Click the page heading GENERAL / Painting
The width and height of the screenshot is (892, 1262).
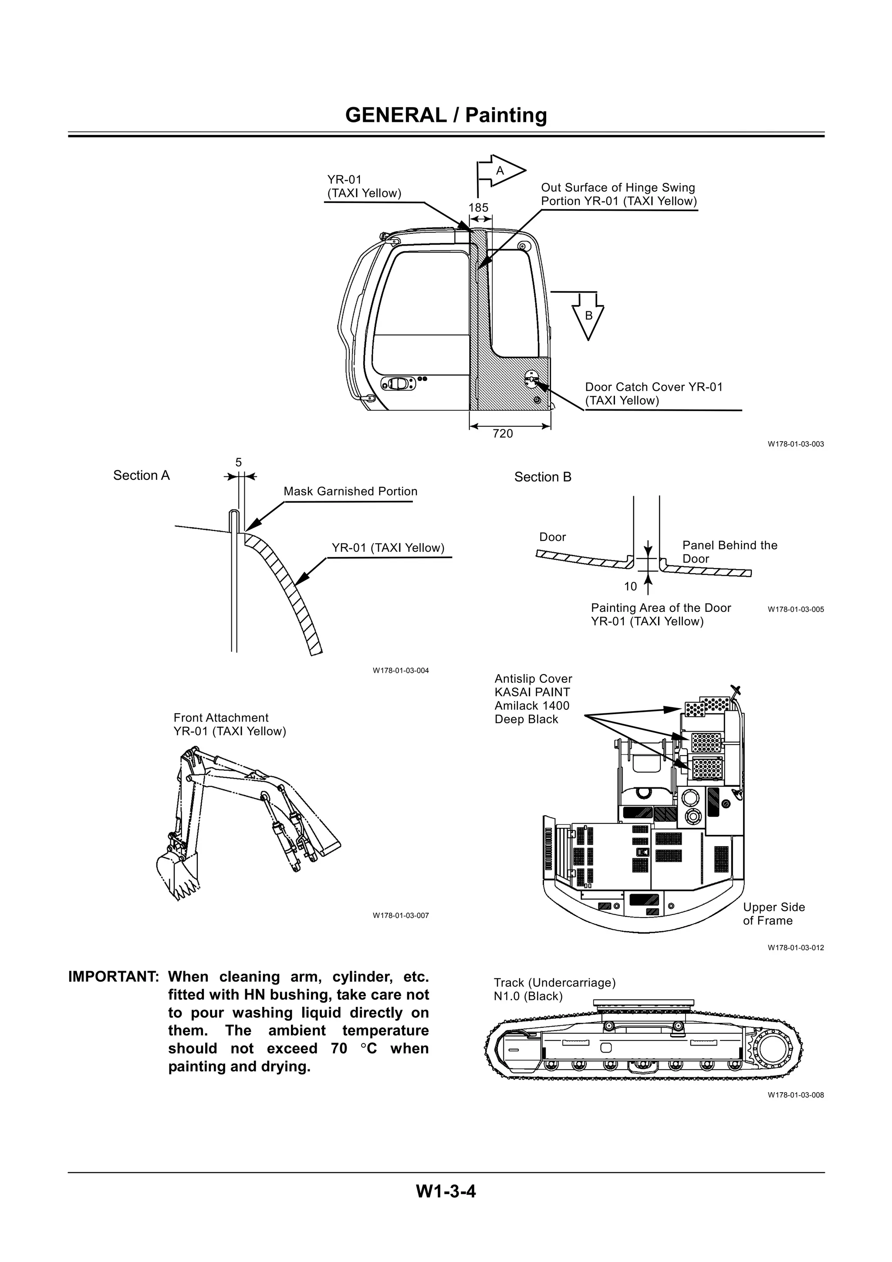coord(446,115)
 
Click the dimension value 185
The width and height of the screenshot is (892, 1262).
coord(478,208)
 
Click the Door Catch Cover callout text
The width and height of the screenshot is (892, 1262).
coord(653,394)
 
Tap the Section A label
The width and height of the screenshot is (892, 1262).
coord(141,476)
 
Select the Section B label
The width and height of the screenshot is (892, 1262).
coord(542,477)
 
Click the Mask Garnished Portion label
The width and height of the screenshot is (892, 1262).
coord(350,491)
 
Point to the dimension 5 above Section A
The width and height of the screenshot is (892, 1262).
coord(239,463)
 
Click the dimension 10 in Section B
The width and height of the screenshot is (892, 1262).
coord(630,587)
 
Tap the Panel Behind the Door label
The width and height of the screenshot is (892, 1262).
coord(729,552)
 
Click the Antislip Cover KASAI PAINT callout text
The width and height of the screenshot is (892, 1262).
coord(533,698)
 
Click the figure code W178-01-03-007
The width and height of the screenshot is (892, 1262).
coord(400,915)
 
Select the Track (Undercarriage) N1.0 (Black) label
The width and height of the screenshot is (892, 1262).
coord(554,989)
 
